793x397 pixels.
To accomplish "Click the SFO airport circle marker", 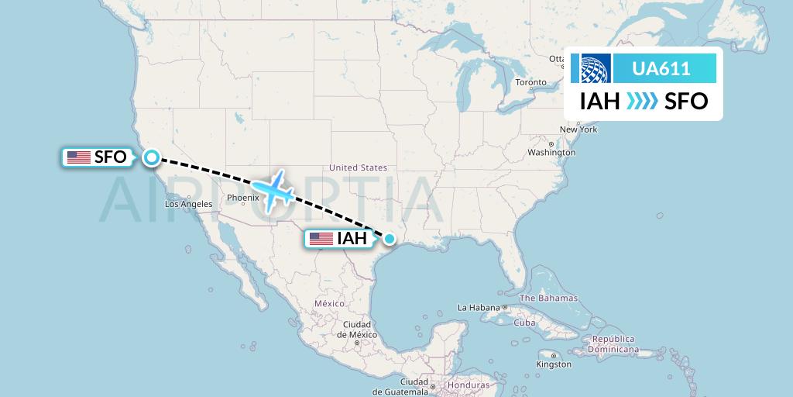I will [151, 157].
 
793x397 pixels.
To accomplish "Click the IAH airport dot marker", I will [390, 239].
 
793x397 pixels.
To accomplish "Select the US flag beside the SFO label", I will [78, 157].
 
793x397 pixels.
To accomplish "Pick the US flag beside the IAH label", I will [321, 239].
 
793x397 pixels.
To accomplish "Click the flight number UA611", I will [661, 69].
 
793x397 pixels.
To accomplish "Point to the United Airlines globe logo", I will [591, 69].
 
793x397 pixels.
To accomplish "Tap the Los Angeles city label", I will [188, 204].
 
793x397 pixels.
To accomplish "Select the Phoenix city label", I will [242, 198].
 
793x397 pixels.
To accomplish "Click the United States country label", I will [358, 167].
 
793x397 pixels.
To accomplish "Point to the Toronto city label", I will [531, 82].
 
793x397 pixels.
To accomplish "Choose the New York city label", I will [578, 129].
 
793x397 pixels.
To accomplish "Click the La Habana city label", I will [479, 308].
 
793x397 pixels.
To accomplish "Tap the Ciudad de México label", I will [359, 328].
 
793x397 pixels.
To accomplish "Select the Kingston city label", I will [554, 364].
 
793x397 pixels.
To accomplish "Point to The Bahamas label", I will [548, 298].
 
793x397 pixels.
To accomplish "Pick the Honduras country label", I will [469, 385].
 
